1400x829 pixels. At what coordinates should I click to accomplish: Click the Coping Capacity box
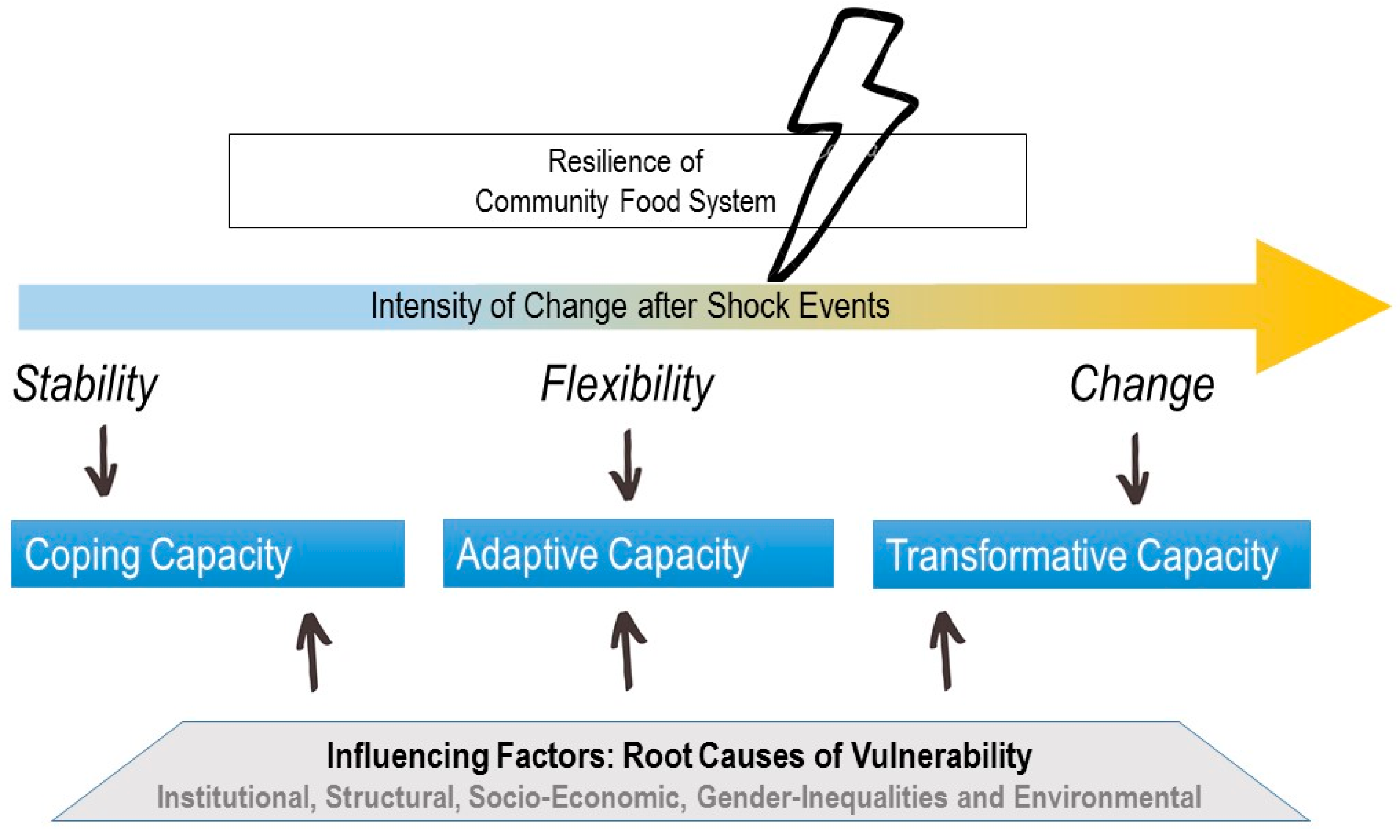208,554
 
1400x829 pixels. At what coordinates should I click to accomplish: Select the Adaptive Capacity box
638,554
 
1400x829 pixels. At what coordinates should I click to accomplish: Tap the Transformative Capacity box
1091,555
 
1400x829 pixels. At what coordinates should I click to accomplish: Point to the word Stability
86,386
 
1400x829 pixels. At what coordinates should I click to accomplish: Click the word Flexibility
627,386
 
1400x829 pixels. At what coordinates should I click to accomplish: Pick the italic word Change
1141,386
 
